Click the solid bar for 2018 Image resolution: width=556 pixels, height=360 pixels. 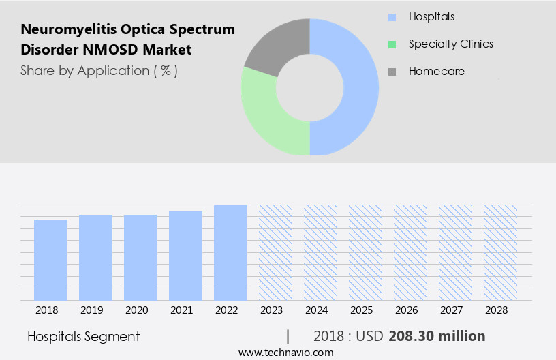tap(50, 259)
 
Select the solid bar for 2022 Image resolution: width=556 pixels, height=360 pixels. tap(230, 252)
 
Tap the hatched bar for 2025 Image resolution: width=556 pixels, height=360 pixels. tap(365, 252)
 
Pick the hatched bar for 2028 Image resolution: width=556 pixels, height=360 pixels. tap(500, 252)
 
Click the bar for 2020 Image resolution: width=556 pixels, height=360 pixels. tap(140, 258)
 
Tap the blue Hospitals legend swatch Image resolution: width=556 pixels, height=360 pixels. tap(392, 17)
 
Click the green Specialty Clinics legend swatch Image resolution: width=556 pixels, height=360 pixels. tap(392, 44)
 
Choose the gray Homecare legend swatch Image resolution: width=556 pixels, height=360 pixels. tap(392, 72)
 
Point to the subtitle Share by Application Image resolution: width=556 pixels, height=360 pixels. tap(99, 71)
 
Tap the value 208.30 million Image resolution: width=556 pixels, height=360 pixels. tap(437, 336)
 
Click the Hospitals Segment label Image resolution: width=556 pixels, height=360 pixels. tap(83, 336)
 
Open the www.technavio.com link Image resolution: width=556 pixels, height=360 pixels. tap(285, 352)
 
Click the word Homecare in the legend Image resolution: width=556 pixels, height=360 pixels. tap(436, 71)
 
